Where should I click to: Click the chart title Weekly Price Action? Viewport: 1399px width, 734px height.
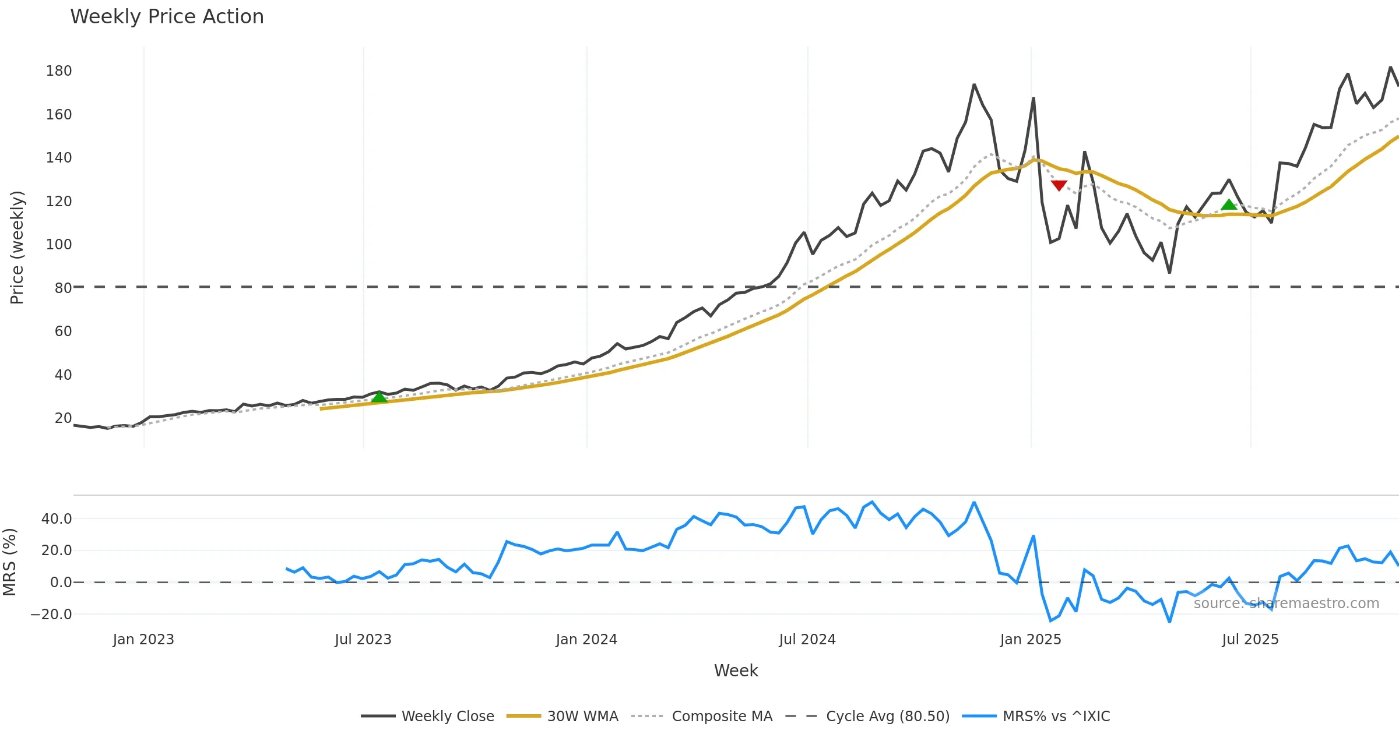[x=167, y=17]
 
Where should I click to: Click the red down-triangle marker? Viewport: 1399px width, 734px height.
[x=1059, y=185]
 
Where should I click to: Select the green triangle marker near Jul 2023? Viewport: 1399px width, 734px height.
[x=379, y=397]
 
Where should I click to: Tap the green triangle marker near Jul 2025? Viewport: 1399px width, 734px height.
[x=1229, y=204]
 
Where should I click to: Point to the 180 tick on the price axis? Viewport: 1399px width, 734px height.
[x=59, y=71]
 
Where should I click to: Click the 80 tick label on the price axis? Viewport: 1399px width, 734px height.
[x=63, y=288]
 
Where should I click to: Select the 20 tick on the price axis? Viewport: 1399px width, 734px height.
[x=63, y=418]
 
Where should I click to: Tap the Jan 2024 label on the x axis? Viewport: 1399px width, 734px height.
[x=586, y=640]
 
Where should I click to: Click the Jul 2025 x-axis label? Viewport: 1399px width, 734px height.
[x=1250, y=640]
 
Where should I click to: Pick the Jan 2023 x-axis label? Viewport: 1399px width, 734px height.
[x=143, y=640]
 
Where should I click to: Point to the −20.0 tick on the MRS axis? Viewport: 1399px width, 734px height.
[x=51, y=614]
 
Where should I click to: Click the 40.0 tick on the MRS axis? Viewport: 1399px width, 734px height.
[x=56, y=518]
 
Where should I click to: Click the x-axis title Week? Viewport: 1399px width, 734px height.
[x=736, y=671]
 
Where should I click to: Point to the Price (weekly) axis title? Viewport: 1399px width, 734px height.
[x=17, y=248]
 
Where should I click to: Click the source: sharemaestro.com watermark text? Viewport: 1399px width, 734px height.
[x=1286, y=604]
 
